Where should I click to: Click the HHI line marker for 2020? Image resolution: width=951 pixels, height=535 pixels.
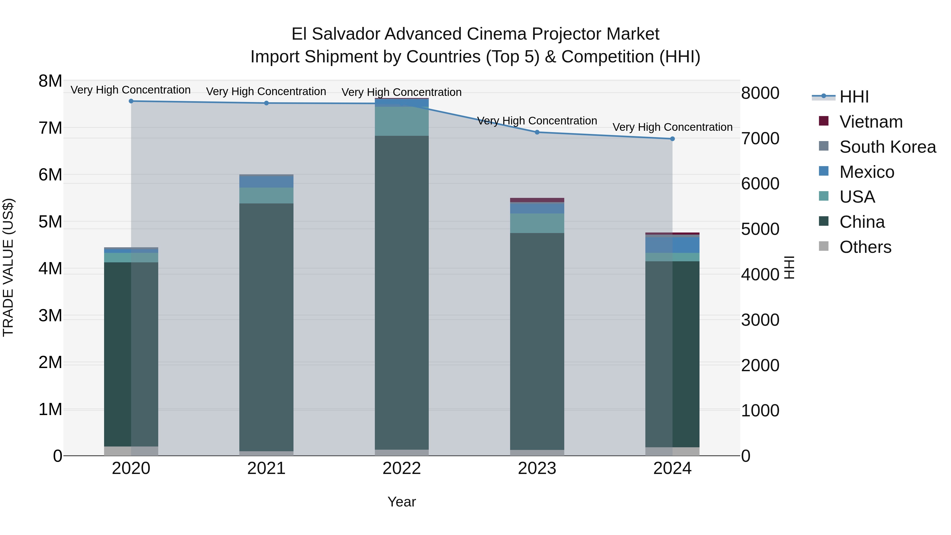131,101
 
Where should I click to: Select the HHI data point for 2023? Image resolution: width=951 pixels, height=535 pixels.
537,132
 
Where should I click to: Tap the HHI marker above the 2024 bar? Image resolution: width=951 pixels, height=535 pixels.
672,139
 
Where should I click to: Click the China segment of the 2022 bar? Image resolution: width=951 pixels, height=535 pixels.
402,292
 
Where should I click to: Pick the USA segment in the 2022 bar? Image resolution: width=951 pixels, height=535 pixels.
402,121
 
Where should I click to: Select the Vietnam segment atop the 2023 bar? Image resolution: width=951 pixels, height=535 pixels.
537,200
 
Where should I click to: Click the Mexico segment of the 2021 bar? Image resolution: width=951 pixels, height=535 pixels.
266,182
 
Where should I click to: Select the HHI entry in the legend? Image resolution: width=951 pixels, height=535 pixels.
854,97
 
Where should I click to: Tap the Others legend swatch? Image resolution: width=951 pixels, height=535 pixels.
824,246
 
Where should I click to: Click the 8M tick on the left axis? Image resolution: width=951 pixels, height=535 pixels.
50,81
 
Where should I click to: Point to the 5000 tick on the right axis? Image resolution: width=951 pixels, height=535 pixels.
760,229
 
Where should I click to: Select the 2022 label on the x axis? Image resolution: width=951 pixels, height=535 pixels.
402,468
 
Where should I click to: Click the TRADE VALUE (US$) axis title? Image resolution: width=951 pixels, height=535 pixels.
8,268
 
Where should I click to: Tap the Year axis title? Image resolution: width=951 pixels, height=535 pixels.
402,502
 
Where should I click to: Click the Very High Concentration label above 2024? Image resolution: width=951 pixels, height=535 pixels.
672,127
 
